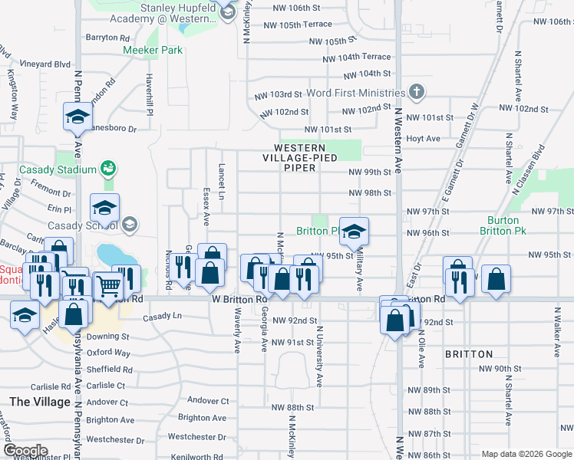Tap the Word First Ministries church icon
click(x=416, y=93)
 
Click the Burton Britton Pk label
click(x=514, y=225)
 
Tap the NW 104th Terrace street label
click(x=357, y=58)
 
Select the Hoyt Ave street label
click(x=424, y=139)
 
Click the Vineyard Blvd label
click(x=45, y=64)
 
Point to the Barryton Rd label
click(x=107, y=37)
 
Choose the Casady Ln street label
click(x=162, y=316)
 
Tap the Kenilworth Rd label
click(x=198, y=457)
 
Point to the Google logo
click(x=25, y=451)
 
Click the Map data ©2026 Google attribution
click(x=526, y=455)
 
